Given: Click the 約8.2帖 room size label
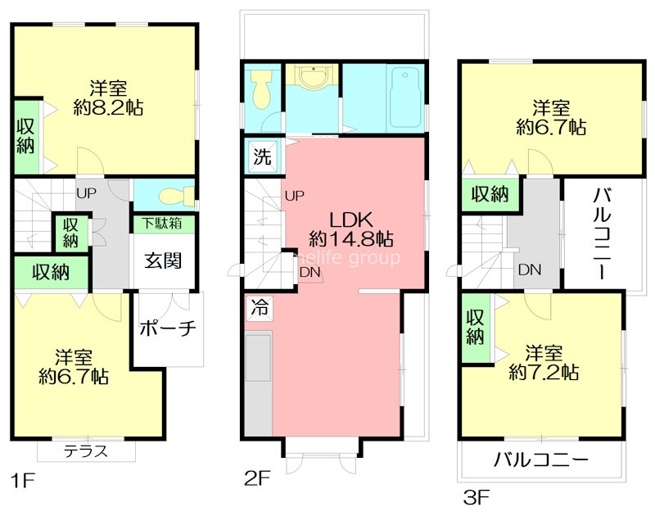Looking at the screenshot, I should (x=107, y=107).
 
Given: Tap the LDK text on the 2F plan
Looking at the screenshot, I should (x=351, y=219).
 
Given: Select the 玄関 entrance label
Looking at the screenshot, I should (x=164, y=260).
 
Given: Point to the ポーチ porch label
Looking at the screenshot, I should (x=168, y=328).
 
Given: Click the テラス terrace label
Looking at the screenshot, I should (x=86, y=451).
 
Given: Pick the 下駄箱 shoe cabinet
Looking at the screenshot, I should (x=163, y=223).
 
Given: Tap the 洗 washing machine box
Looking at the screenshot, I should (x=260, y=155).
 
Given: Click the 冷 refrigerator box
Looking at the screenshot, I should (x=259, y=309).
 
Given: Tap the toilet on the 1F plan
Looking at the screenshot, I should (x=174, y=197).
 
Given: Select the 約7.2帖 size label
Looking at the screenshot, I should (x=544, y=373).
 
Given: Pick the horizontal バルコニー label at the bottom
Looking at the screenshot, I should (x=540, y=460).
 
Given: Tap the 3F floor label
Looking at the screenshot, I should (x=477, y=496).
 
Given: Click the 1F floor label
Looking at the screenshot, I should (x=23, y=480).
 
